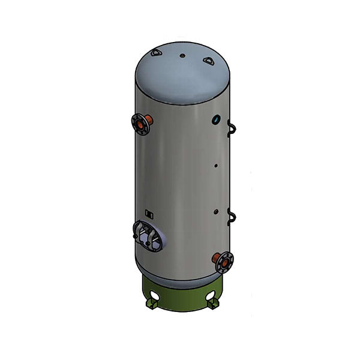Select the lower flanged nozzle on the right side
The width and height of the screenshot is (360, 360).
coord(224,262)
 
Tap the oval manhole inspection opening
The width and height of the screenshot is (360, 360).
coord(147,235)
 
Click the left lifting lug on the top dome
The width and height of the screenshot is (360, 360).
coord(157,54)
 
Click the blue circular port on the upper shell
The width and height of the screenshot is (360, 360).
coord(215,120)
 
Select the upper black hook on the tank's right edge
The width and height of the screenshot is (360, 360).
coord(231,127)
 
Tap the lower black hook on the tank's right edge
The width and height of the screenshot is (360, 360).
coord(232,216)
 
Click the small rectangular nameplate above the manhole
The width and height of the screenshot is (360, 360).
coord(149,213)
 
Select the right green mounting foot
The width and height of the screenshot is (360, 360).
coord(213,305)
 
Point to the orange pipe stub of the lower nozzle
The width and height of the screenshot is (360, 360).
coord(217,257)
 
